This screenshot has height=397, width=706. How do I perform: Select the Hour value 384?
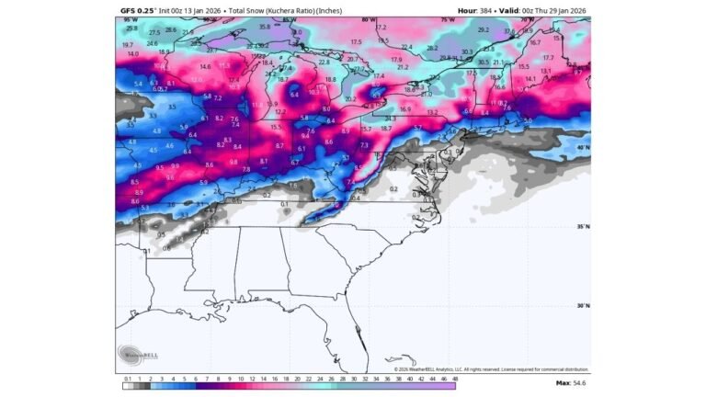click(488, 10)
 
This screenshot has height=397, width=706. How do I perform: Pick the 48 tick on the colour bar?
click(453, 378)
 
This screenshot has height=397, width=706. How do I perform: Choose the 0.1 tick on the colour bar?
click(127, 378)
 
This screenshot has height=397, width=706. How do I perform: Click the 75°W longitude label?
click(449, 19)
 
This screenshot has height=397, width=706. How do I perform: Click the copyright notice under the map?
click(492, 369)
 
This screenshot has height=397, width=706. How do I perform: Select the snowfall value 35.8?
click(265, 27)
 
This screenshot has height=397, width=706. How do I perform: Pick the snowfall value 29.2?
click(484, 29)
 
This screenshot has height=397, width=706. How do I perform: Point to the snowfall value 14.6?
click(205, 66)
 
